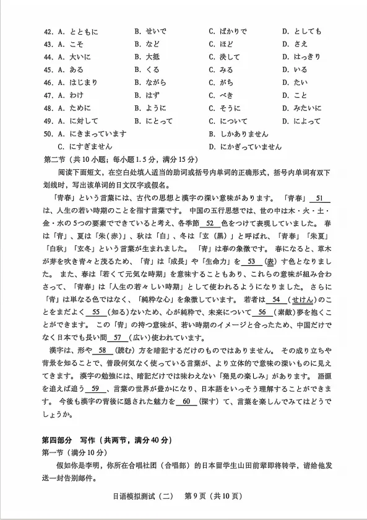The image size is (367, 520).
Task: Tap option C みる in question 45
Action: (x=225, y=69)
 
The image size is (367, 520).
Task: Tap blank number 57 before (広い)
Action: (x=117, y=338)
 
